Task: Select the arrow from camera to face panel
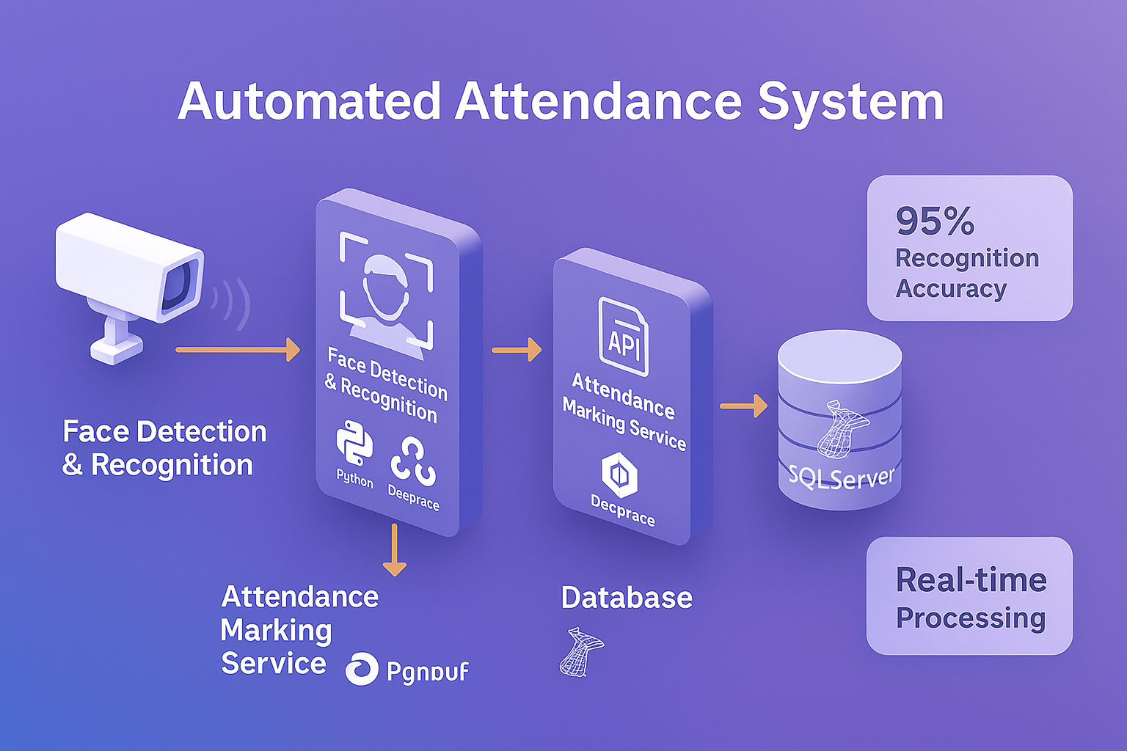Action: point(238,350)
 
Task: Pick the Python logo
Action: point(354,444)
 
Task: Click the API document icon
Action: point(623,337)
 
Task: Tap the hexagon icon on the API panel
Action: point(619,475)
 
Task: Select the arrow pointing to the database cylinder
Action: point(743,406)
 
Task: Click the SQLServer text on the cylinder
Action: point(841,477)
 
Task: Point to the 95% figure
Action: point(935,221)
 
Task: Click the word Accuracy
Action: point(951,289)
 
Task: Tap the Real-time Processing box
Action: point(969,596)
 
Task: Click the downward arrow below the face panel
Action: point(395,550)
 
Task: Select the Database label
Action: point(627,598)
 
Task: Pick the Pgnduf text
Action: point(427,671)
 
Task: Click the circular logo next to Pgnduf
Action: point(362,668)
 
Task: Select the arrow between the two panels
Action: point(517,350)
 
